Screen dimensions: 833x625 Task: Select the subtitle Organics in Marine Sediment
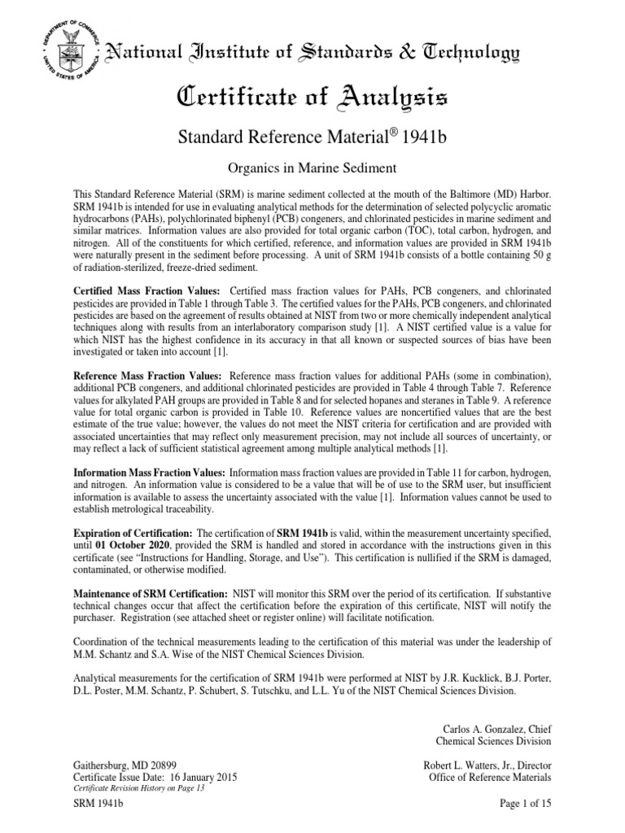312,168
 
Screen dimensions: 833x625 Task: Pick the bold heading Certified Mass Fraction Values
147,290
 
